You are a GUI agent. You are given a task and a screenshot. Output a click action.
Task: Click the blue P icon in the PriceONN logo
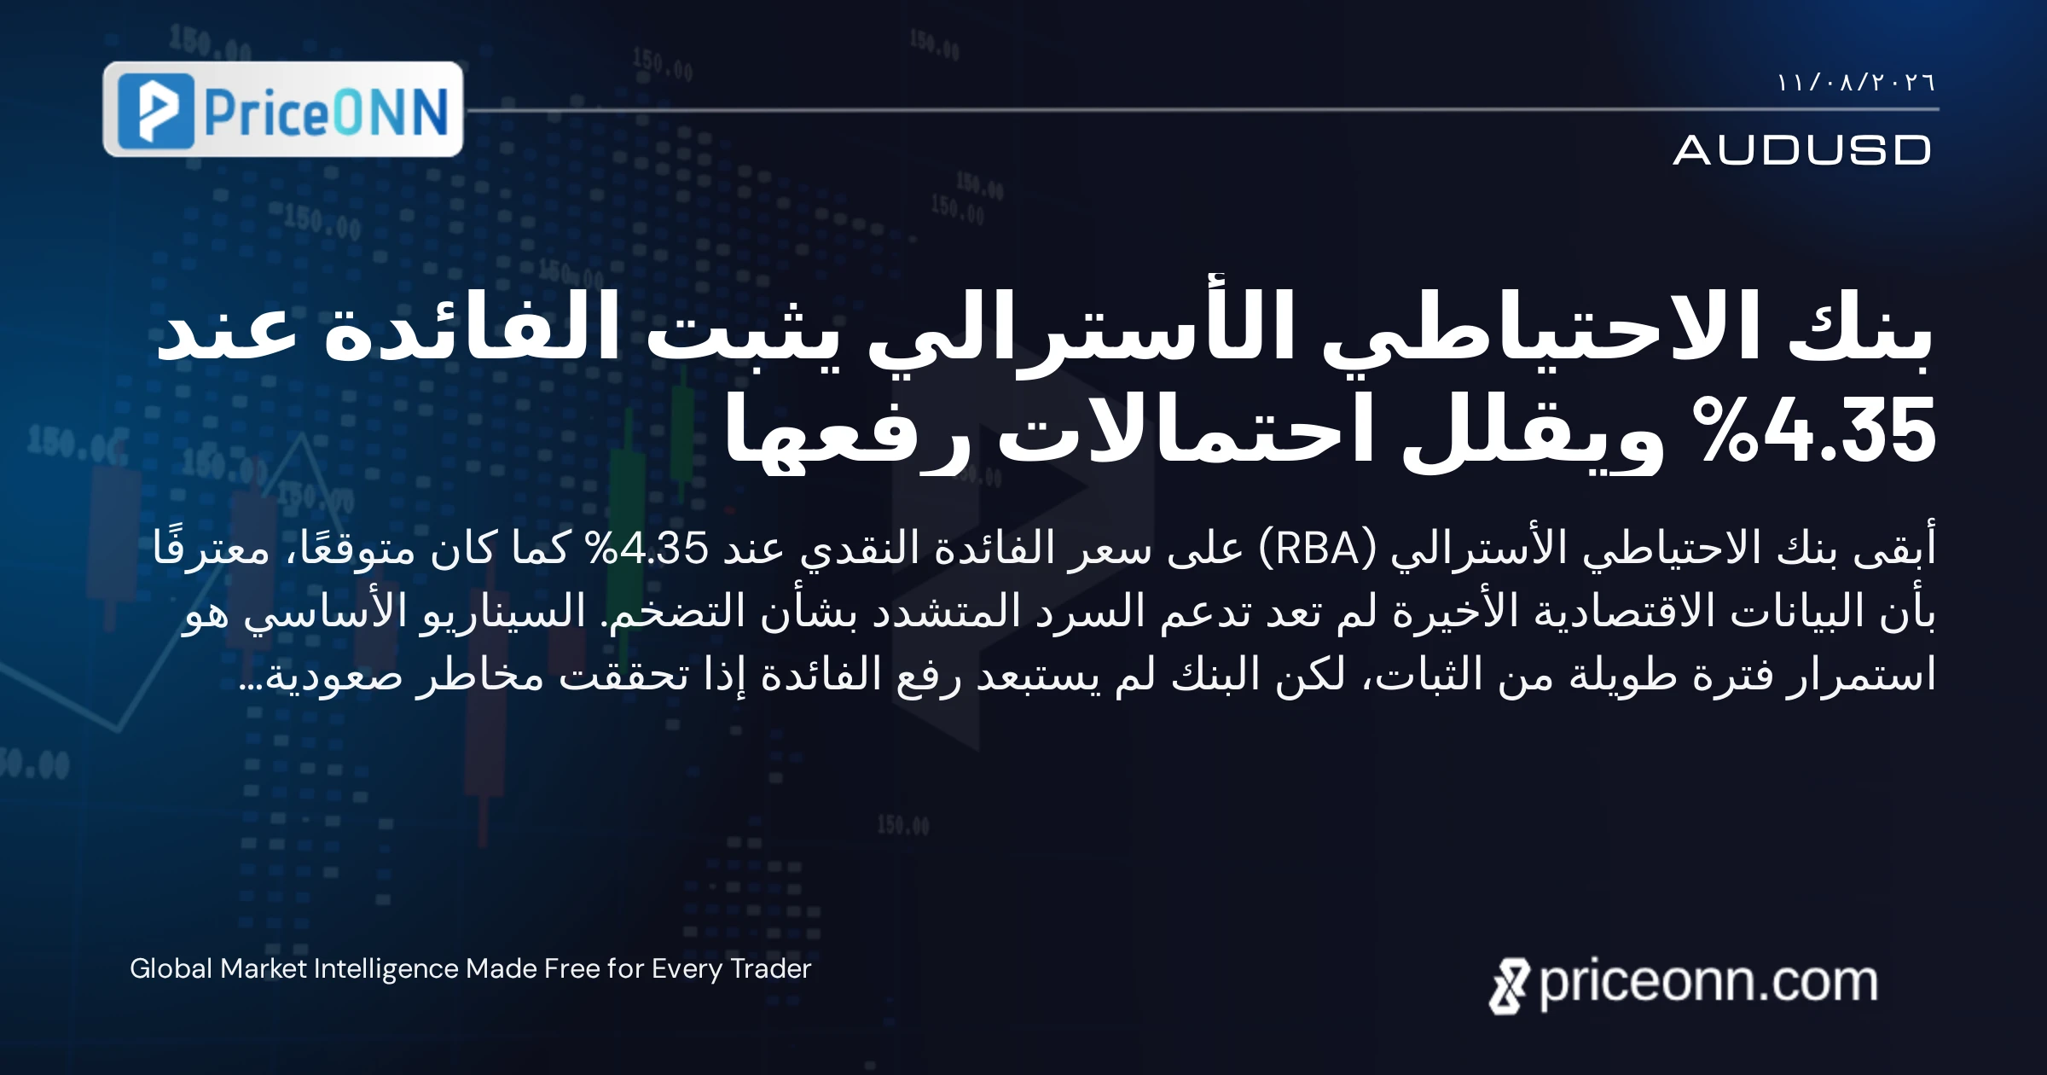click(x=156, y=111)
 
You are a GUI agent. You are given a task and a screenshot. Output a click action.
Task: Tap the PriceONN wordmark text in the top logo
click(x=327, y=112)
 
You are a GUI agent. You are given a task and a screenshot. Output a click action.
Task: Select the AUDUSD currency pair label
click(x=1802, y=150)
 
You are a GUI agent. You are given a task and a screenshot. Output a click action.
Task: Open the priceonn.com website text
click(x=1708, y=983)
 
